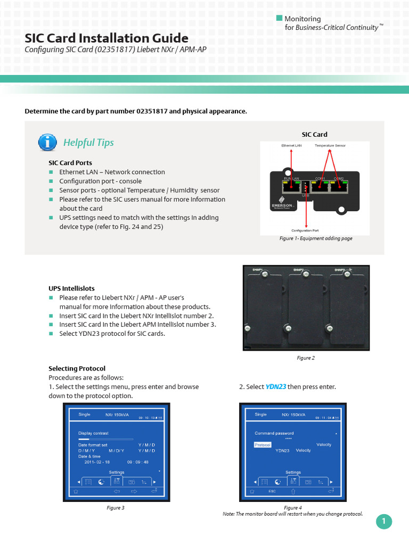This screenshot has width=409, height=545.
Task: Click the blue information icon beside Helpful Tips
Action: [x=48, y=142]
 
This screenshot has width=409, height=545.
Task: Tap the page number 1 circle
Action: [x=383, y=522]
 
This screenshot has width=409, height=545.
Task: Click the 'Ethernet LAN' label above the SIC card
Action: [x=291, y=145]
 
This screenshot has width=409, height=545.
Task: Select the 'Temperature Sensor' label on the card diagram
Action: [x=330, y=145]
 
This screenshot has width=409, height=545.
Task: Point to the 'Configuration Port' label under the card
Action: [x=305, y=230]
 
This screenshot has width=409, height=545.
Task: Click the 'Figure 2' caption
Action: [x=306, y=358]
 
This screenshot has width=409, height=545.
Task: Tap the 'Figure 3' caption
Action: [x=116, y=508]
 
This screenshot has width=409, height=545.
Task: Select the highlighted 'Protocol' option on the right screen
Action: [x=263, y=444]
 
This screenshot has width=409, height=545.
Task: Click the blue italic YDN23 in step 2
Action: [x=276, y=387]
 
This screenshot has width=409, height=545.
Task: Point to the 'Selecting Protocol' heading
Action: [x=77, y=368]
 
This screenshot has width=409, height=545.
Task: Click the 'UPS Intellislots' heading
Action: [x=71, y=288]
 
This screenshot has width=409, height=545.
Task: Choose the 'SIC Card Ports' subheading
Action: [x=70, y=163]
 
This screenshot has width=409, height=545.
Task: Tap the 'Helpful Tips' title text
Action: [x=88, y=143]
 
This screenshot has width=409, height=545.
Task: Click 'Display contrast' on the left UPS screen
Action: [x=93, y=433]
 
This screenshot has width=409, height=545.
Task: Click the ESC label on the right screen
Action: [x=272, y=491]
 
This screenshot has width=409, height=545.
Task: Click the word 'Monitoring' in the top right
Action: [x=302, y=19]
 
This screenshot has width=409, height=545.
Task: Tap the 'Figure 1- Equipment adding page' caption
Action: [x=316, y=238]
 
